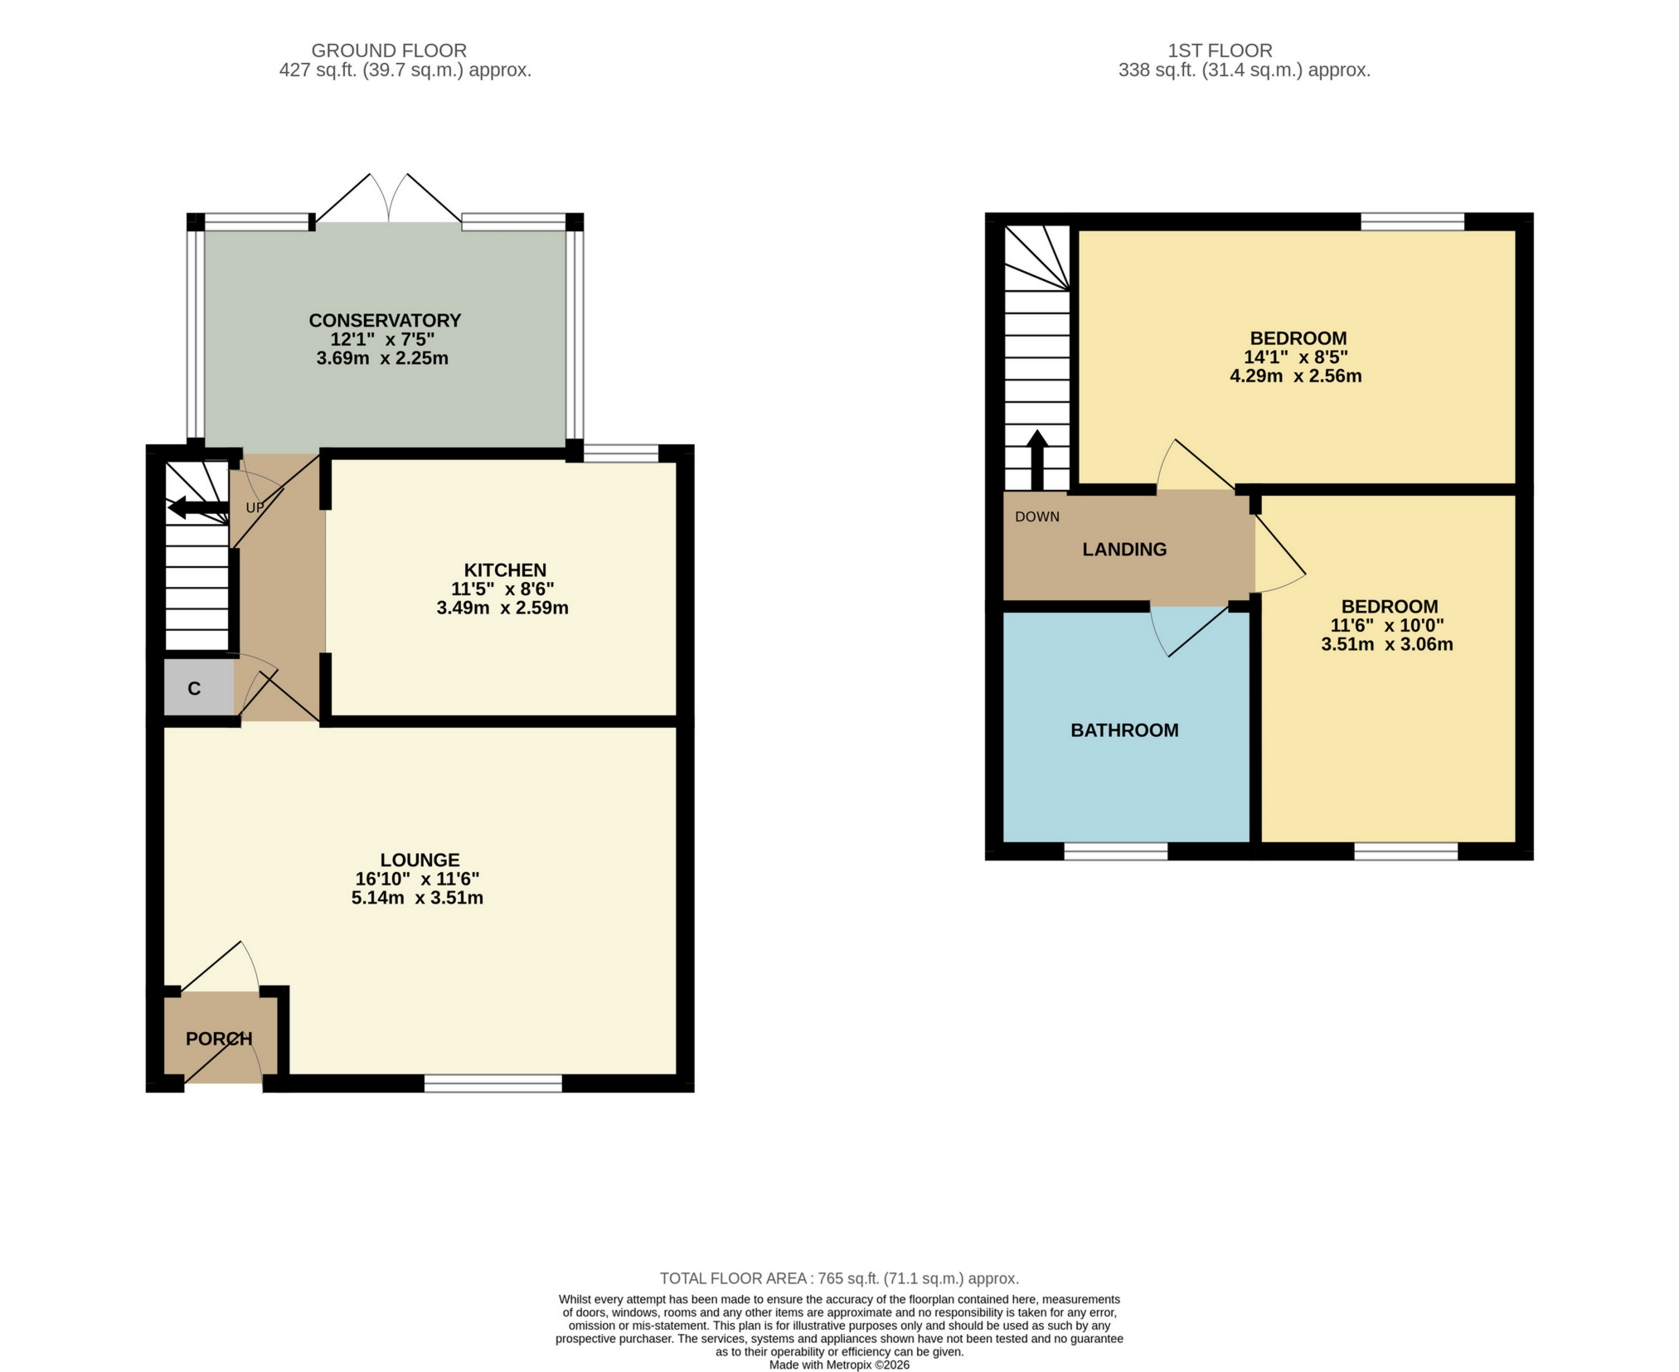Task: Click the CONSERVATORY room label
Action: tap(385, 321)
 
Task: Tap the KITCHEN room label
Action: tap(504, 570)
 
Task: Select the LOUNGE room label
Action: tap(420, 861)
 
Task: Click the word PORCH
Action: tap(219, 1039)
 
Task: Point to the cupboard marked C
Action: tap(195, 689)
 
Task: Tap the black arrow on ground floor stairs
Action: tap(197, 507)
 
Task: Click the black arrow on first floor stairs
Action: tap(1036, 461)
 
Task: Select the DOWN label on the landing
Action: tap(1036, 517)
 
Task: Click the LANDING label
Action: tap(1124, 550)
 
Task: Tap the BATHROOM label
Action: tap(1124, 730)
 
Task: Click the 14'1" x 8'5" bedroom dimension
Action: tap(1295, 357)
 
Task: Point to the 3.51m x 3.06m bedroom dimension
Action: tap(1386, 644)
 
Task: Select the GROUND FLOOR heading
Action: tap(389, 51)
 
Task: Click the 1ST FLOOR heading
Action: tap(1220, 51)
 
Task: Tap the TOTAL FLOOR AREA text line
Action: tap(839, 1278)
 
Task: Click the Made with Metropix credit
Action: tap(839, 1365)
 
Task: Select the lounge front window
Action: tap(493, 1084)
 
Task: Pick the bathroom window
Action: tap(1115, 851)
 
